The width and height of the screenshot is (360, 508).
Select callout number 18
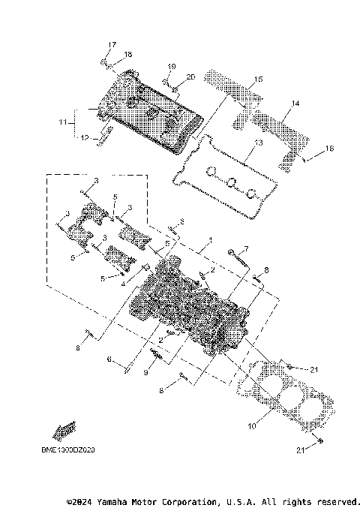point(127,54)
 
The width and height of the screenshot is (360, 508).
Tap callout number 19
point(171,66)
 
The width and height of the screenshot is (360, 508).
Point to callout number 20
point(190,77)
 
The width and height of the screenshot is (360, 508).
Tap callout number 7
point(244,249)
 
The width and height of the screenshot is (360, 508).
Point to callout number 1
point(211,241)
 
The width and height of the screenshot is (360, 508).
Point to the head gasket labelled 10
point(277,394)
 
